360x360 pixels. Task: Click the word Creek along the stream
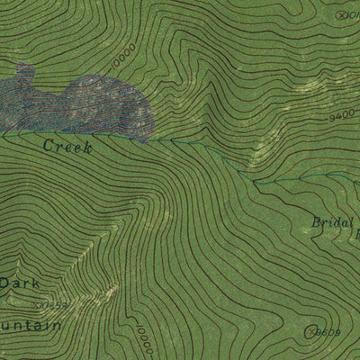(67, 146)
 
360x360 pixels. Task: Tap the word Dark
(19, 283)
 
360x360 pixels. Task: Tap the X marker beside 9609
(310, 332)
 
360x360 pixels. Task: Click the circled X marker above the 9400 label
(339, 14)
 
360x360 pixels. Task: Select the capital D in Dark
(5, 283)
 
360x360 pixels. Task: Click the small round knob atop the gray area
(25, 72)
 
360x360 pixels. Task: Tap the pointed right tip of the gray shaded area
(151, 135)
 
